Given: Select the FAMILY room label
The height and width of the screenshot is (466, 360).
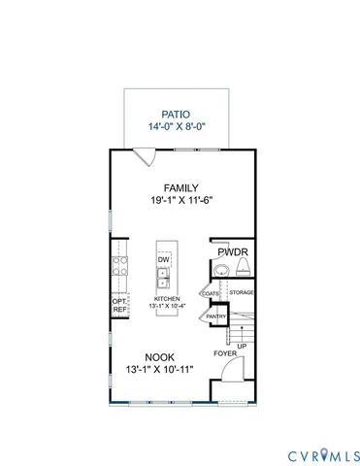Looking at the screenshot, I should (180, 187).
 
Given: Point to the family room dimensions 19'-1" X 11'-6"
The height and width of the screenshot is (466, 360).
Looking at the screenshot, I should (180, 201).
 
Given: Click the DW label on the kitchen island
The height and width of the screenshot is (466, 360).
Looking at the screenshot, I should (164, 260).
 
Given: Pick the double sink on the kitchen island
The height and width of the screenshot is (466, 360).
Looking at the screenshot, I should (164, 282).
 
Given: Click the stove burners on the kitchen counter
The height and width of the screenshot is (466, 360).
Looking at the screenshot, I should (120, 267).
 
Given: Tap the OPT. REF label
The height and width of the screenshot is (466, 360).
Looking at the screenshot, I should (119, 305).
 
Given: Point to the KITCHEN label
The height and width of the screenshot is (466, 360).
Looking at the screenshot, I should (165, 300).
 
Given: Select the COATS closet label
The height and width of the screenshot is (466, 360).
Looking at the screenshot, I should (210, 291).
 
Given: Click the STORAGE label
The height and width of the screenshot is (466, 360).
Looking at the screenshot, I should (241, 291).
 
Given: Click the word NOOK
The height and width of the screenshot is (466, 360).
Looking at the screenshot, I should (160, 356).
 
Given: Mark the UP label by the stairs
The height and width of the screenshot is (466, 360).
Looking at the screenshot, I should (242, 346).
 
